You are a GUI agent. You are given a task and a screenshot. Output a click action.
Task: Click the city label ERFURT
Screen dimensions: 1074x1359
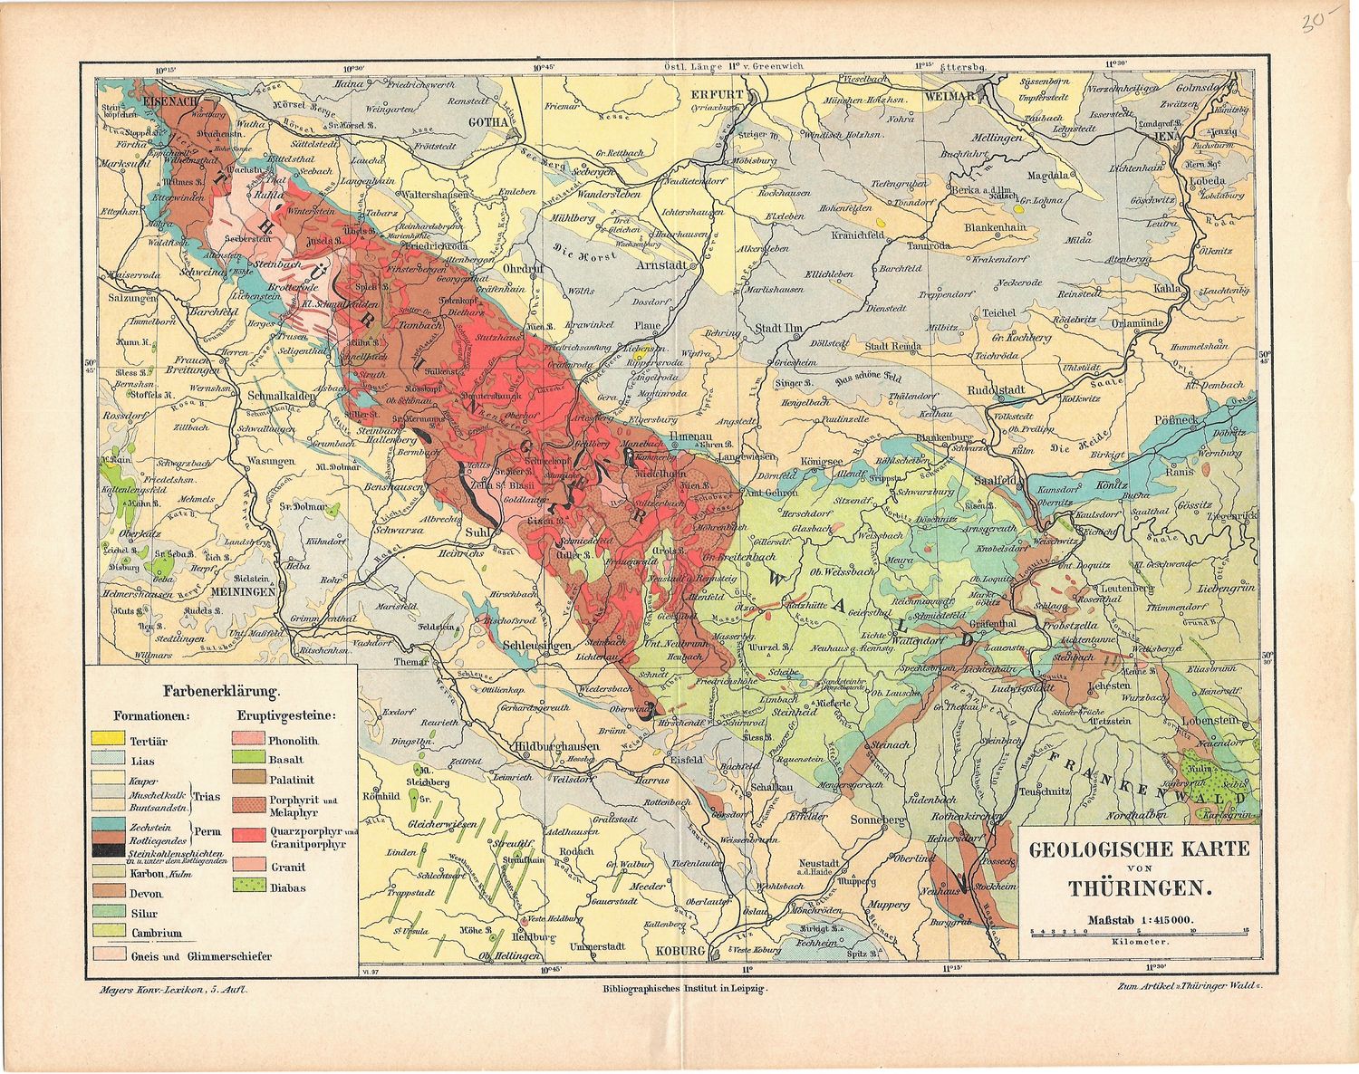716,93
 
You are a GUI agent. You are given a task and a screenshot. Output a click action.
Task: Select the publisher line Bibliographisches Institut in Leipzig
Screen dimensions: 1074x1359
679,991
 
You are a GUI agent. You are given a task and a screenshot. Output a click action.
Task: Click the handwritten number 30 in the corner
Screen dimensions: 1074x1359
1313,24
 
